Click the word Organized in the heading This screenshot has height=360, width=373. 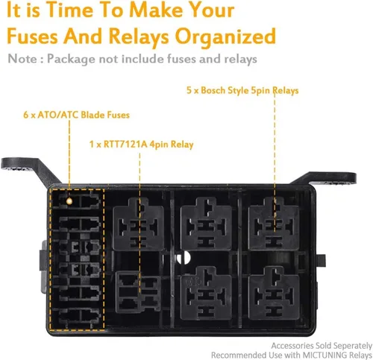pyautogui.click(x=225, y=37)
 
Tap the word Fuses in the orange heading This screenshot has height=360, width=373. pyautogui.click(x=33, y=36)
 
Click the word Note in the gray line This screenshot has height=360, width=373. pyautogui.click(x=22, y=59)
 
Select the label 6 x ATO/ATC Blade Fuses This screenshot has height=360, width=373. pyautogui.click(x=77, y=115)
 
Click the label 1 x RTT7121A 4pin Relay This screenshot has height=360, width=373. pyautogui.click(x=141, y=145)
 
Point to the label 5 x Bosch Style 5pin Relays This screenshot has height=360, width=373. pyautogui.click(x=242, y=90)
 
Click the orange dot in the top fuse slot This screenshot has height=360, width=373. pyautogui.click(x=69, y=200)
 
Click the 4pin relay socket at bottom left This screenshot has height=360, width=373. pyautogui.click(x=138, y=291)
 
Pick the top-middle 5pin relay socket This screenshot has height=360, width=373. pyautogui.click(x=206, y=224)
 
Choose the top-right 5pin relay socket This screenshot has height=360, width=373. pyautogui.click(x=274, y=224)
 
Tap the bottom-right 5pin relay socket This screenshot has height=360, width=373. pyautogui.click(x=274, y=293)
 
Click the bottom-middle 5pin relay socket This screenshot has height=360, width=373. pyautogui.click(x=206, y=293)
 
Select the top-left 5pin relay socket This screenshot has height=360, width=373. pyautogui.click(x=139, y=224)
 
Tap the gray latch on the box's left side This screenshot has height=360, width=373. pyautogui.click(x=43, y=266)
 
